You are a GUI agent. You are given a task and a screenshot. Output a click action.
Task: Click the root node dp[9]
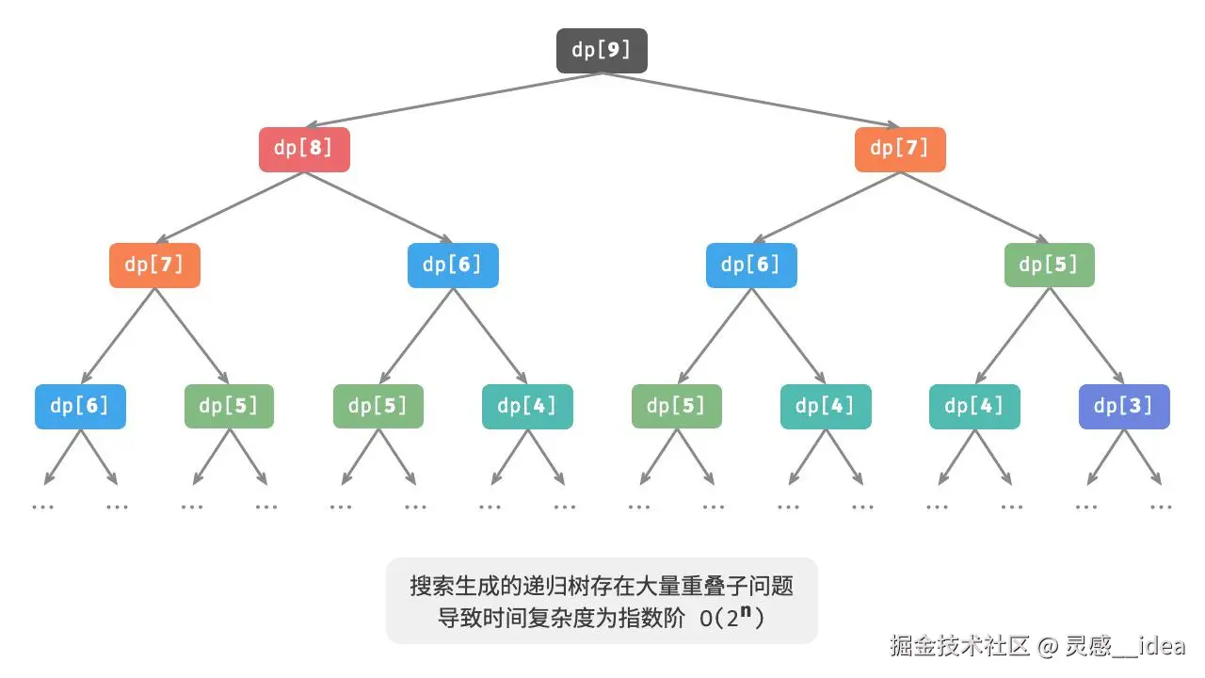click(602, 51)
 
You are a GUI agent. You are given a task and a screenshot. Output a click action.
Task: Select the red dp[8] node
click(304, 149)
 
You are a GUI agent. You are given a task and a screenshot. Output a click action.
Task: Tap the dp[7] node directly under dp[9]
click(900, 149)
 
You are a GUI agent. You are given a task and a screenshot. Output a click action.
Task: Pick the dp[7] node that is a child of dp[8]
click(155, 265)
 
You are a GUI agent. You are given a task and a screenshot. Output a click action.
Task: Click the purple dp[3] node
click(1124, 406)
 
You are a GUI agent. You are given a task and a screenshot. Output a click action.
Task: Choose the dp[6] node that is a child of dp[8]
click(453, 265)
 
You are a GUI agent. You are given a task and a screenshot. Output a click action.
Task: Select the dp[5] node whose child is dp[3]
click(1050, 265)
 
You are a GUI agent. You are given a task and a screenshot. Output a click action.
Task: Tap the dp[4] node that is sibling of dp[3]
click(974, 406)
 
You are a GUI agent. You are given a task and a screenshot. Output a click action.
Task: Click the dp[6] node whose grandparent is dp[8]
click(80, 406)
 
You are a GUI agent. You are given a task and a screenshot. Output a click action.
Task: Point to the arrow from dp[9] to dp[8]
click(452, 100)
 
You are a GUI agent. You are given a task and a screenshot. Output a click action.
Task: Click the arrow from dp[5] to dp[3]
click(1087, 336)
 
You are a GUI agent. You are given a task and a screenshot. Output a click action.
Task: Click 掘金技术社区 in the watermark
click(959, 646)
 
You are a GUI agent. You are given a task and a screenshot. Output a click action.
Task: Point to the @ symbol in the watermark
click(1048, 646)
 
